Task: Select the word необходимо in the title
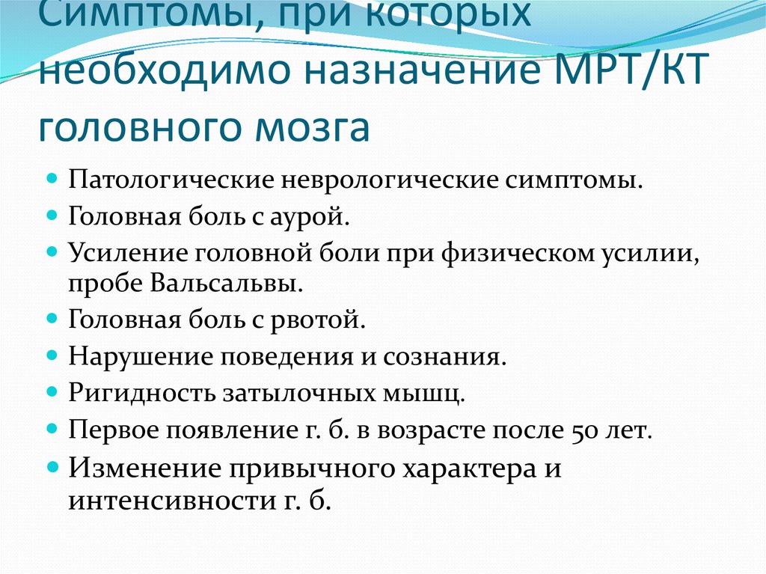[155, 77]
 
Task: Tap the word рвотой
[327, 321]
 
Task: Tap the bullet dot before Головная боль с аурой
[52, 214]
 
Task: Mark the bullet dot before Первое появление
[52, 427]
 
